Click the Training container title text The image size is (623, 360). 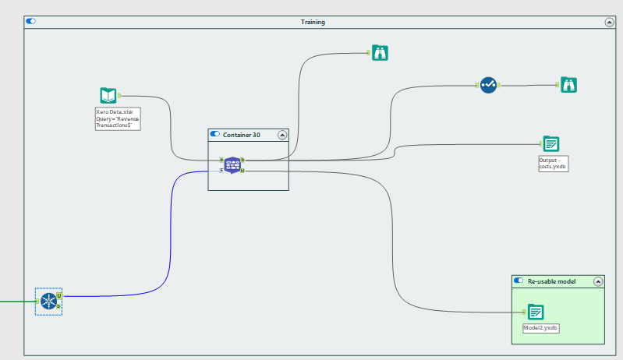(313, 22)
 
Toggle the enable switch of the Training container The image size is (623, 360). (31, 22)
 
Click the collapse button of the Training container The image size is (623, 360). (609, 23)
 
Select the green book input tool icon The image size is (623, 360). (108, 96)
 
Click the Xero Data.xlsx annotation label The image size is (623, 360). (117, 118)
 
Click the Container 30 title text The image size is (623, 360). (242, 135)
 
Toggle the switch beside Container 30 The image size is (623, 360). (215, 135)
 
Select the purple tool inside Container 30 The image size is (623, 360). (232, 164)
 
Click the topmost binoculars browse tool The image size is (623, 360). (380, 53)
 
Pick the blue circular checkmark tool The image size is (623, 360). (488, 85)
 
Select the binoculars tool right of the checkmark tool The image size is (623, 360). (569, 85)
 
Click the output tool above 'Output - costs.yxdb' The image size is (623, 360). (551, 143)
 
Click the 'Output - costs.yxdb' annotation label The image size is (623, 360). (552, 163)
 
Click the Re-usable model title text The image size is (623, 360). (551, 281)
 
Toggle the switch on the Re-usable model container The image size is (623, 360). (519, 281)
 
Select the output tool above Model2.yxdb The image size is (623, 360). (535, 312)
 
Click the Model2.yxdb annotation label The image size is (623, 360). (540, 328)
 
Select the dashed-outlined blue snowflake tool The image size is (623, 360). (49, 301)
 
